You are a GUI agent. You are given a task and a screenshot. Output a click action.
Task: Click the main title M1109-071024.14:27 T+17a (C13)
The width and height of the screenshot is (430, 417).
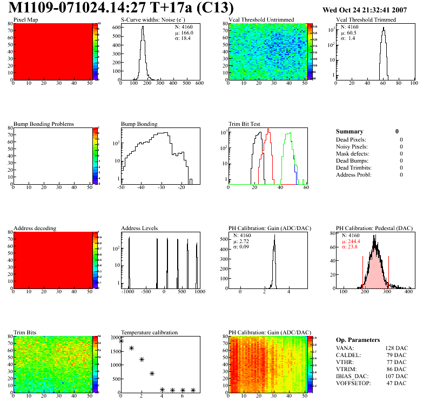pos(122,8)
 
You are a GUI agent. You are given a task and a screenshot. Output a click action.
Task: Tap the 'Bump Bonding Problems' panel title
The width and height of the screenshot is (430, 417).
pos(43,124)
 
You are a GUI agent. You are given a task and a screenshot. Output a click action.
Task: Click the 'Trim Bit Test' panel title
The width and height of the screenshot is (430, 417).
pos(244,124)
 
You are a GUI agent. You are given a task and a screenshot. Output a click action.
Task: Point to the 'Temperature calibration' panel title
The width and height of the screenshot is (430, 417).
pos(149,333)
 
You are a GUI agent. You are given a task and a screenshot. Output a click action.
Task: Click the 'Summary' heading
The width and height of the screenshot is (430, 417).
pos(350,131)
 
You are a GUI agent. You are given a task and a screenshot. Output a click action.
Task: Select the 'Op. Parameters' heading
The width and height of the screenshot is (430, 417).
pos(358,340)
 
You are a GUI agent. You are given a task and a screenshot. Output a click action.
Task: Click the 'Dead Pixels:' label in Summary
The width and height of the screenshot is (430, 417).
pos(351,140)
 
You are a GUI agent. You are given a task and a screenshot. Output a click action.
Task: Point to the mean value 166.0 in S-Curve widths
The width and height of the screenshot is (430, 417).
pos(187,33)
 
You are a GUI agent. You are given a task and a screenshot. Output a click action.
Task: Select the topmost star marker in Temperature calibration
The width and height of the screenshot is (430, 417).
pos(121,341)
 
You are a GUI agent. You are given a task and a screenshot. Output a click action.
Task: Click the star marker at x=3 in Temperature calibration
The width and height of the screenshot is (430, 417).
pos(152,373)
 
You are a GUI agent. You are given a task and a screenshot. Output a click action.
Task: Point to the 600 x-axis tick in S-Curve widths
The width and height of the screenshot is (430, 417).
pos(199,84)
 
